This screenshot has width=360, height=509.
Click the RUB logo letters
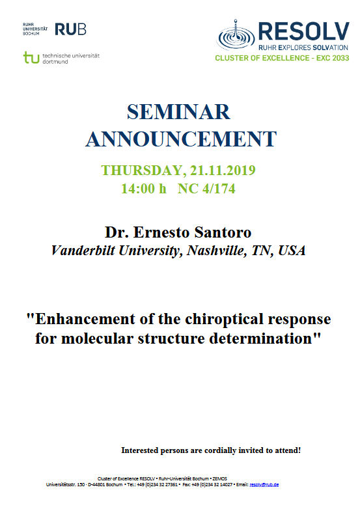tap(70, 29)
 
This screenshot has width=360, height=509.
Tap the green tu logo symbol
tap(31, 58)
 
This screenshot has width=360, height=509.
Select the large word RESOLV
tap(304, 31)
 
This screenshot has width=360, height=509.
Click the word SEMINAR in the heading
tap(179, 112)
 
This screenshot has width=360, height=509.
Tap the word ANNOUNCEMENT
tap(181, 138)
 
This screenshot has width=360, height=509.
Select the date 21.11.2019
tap(223, 171)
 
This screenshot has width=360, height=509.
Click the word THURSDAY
tap(142, 171)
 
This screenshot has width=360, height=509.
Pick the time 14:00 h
tap(144, 189)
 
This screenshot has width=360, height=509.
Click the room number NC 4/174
tap(208, 189)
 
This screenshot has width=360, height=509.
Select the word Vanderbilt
tap(85, 251)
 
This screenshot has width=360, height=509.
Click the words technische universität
tap(70, 55)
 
